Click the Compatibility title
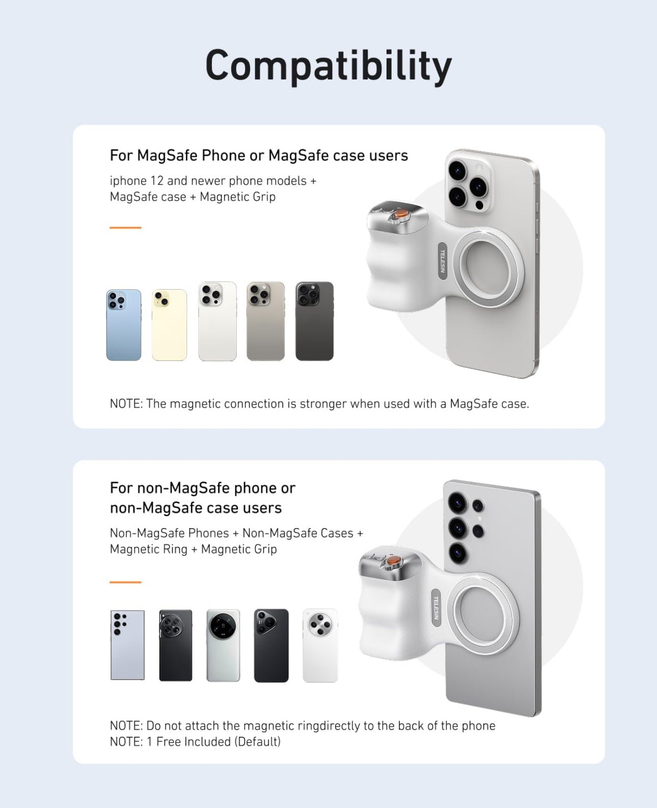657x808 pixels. (x=328, y=66)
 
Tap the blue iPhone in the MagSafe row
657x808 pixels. (x=124, y=325)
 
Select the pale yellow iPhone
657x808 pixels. (x=170, y=325)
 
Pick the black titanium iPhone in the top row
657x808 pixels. (x=314, y=321)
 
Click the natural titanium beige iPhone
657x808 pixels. (x=265, y=321)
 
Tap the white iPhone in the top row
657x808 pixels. (x=217, y=321)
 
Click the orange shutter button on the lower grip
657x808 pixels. (x=394, y=560)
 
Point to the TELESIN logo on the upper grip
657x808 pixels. (x=442, y=261)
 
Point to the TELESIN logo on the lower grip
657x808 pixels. (x=436, y=608)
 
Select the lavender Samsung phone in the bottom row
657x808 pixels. (x=128, y=645)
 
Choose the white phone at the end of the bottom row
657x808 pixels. (x=320, y=645)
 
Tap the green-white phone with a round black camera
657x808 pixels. (x=223, y=645)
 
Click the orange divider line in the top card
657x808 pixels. (x=125, y=227)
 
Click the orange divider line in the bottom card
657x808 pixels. (x=125, y=582)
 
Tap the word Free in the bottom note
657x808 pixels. (x=169, y=742)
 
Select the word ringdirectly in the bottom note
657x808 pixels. (x=329, y=726)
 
